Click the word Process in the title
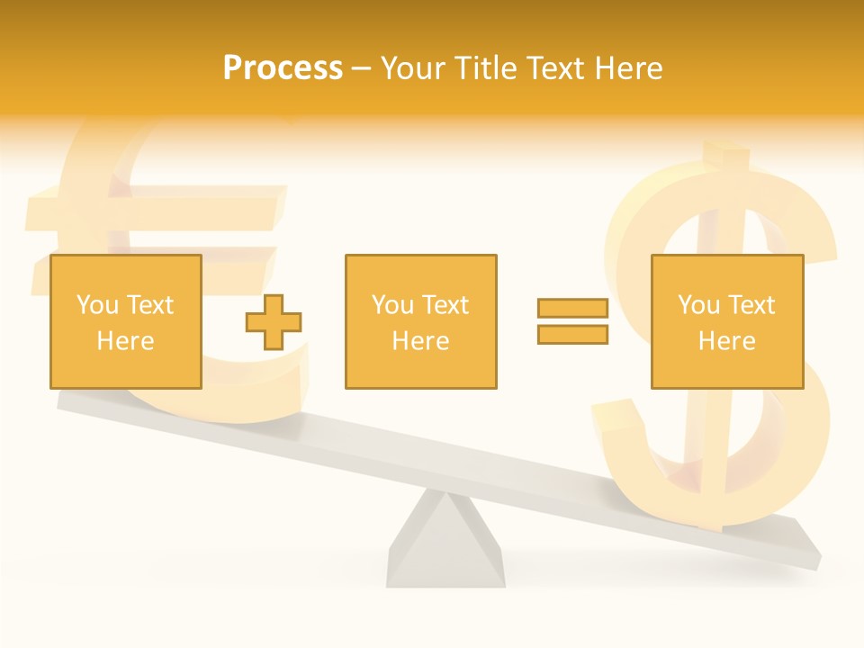(x=283, y=68)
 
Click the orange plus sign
(x=274, y=322)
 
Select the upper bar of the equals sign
(x=572, y=309)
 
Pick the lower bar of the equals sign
(x=572, y=334)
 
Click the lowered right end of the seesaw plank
(x=801, y=544)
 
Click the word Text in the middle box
(x=446, y=305)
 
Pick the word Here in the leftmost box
(x=125, y=341)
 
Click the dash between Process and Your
(x=362, y=68)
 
